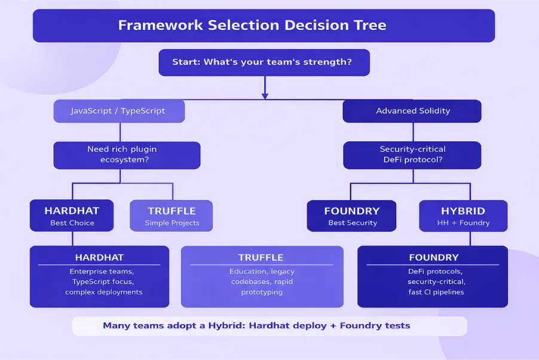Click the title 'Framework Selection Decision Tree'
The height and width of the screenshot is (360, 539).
(x=252, y=26)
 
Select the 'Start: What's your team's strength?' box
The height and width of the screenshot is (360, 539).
(x=264, y=62)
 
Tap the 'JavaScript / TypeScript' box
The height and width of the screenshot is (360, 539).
(x=119, y=111)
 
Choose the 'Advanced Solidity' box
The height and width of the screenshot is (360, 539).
(x=412, y=111)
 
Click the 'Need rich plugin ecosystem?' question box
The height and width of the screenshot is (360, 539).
(x=127, y=155)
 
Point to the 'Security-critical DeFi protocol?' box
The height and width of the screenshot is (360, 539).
(x=412, y=155)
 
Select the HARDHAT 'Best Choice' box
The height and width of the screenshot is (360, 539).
(x=72, y=216)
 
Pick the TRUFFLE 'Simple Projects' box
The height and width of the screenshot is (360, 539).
(x=171, y=216)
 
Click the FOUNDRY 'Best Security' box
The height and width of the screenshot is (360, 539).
(x=352, y=216)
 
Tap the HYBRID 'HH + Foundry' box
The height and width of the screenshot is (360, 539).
(x=463, y=216)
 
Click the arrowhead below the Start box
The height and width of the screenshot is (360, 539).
(x=264, y=94)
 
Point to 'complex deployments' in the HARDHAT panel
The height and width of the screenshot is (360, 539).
(x=104, y=292)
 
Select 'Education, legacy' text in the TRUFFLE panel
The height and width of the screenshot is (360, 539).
(x=262, y=271)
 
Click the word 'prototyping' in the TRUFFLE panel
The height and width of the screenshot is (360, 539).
(x=262, y=292)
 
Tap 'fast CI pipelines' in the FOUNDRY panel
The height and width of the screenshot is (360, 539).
(x=433, y=292)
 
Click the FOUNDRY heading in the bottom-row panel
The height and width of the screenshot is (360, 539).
(x=433, y=258)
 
